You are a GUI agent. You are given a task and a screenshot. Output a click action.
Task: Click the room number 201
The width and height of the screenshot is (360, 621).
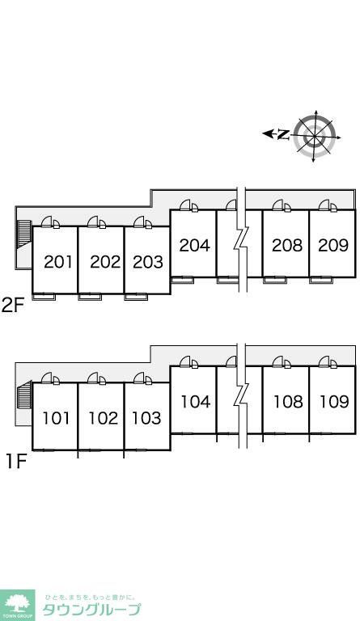(58, 262)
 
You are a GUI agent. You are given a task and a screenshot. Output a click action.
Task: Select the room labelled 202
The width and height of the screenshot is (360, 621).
(105, 262)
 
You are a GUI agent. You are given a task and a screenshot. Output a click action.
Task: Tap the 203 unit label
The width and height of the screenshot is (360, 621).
(148, 262)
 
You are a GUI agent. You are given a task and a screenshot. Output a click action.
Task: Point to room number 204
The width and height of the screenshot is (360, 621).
(194, 245)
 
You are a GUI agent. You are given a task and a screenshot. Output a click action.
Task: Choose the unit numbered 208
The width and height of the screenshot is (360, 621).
(287, 245)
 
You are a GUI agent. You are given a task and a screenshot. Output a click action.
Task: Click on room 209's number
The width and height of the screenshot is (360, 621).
(333, 245)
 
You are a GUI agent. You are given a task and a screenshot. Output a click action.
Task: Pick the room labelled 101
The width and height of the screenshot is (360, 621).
(56, 418)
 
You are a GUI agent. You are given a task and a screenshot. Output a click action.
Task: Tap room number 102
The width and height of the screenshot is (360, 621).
(103, 418)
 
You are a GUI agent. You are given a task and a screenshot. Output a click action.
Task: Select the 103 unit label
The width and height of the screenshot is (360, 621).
(146, 418)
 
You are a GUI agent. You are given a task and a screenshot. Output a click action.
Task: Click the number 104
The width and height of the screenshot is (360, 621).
(196, 402)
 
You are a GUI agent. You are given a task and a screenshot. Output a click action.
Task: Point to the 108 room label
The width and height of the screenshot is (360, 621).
(288, 402)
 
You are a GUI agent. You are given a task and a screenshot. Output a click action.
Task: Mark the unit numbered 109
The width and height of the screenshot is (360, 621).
(335, 402)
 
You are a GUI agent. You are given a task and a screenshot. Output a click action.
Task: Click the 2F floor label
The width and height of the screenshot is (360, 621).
(13, 305)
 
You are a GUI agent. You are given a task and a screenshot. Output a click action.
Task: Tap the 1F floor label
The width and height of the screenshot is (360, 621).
(16, 462)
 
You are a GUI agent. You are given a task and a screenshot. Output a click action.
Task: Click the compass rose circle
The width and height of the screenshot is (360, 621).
(315, 136)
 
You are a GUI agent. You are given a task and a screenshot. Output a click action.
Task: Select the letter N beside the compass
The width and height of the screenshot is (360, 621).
(283, 135)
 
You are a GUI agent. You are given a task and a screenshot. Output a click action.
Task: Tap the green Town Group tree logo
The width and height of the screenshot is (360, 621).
(18, 605)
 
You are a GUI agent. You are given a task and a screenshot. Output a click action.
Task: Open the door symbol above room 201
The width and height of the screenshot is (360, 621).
(50, 222)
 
